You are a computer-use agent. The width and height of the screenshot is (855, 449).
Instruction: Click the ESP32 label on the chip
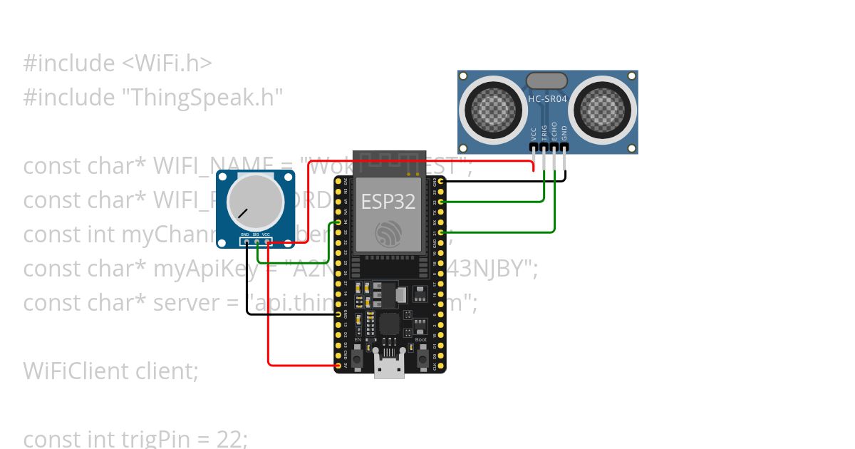[x=388, y=202]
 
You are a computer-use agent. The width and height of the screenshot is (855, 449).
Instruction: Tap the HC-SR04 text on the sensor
[x=547, y=99]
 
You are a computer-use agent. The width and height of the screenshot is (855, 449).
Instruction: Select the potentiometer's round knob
[x=250, y=201]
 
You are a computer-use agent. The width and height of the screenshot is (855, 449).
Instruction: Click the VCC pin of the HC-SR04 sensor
[x=534, y=148]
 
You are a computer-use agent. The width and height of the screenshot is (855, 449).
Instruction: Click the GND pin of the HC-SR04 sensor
[x=565, y=148]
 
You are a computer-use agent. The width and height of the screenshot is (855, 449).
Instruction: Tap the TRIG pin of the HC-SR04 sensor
[x=544, y=148]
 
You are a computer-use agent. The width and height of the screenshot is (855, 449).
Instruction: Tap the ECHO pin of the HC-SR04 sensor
[x=554, y=148]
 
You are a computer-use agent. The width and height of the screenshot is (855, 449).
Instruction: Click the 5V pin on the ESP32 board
[x=337, y=366]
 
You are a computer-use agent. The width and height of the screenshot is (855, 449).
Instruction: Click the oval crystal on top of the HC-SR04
[x=546, y=81]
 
